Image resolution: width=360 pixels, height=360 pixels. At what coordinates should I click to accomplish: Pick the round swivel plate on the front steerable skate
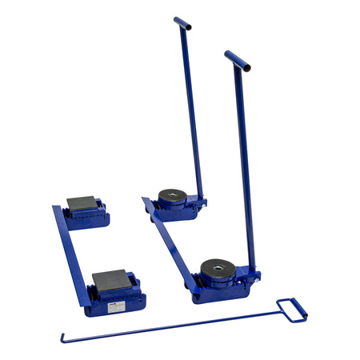(218, 267)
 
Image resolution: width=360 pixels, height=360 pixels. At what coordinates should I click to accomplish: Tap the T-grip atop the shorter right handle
(237, 61)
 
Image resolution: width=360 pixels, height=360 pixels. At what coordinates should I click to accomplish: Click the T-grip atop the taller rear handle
(182, 24)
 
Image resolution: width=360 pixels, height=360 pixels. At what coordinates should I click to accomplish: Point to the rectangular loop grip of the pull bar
(292, 310)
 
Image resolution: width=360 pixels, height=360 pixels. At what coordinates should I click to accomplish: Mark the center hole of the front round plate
(218, 265)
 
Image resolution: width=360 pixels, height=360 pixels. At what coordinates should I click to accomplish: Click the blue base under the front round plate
(220, 290)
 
